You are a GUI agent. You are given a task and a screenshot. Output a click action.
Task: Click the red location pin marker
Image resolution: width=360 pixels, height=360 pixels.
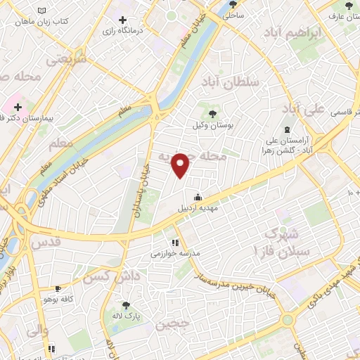(181, 165)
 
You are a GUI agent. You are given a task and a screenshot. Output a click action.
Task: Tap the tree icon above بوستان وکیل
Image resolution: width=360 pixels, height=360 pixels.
(212, 112)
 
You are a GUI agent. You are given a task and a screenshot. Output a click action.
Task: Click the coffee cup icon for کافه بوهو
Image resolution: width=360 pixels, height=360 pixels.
(58, 288)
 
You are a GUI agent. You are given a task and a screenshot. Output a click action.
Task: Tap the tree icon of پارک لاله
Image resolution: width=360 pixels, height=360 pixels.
(126, 304)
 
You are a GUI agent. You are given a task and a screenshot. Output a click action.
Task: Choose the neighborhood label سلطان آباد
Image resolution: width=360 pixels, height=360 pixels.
(230, 82)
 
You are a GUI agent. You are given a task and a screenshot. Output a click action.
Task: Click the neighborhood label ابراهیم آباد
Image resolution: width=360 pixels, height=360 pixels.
(293, 32)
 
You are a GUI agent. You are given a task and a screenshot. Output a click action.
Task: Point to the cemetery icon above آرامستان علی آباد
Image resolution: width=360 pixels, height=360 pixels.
(287, 129)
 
